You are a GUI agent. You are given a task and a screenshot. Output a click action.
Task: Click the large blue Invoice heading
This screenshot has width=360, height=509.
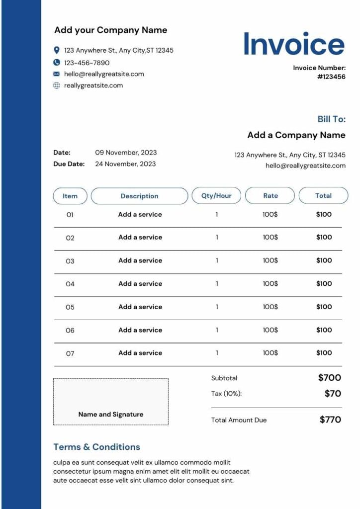tap(294, 44)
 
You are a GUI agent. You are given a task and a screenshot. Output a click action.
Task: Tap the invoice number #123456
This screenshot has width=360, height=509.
tap(331, 77)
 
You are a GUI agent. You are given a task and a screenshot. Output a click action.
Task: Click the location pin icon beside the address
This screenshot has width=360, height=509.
tap(57, 50)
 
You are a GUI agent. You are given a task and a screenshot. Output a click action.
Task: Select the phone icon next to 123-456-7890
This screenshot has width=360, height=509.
tap(57, 63)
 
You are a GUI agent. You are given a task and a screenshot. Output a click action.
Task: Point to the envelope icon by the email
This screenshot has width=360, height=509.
tap(57, 74)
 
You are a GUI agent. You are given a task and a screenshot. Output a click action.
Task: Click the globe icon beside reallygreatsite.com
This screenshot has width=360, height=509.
tap(57, 85)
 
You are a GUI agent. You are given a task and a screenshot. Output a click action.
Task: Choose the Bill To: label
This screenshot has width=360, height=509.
tap(331, 119)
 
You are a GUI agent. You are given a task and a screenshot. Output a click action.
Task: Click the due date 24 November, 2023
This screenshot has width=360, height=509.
tap(125, 164)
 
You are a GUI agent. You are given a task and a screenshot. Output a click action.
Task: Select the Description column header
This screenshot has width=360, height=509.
tap(139, 196)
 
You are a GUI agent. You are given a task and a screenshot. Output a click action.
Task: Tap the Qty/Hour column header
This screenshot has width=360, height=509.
tap(216, 195)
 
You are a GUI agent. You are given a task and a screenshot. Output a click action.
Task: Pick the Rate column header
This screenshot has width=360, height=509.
tap(270, 195)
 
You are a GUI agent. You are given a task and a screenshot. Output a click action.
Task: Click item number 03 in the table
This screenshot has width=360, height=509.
tap(70, 261)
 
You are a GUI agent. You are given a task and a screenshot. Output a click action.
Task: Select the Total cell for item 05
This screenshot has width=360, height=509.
tap(324, 307)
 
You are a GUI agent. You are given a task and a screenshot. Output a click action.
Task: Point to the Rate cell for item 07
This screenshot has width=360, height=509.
tap(270, 353)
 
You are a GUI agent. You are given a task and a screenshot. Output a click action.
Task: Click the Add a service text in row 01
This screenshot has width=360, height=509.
tap(140, 215)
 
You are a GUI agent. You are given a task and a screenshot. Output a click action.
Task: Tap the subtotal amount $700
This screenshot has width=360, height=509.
tap(330, 378)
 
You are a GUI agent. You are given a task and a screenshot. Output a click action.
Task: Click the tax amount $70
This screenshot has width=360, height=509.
tap(333, 394)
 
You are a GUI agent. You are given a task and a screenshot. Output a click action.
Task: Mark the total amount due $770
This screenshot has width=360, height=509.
tap(330, 420)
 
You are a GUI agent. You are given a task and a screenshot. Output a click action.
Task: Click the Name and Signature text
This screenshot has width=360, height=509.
tap(111, 414)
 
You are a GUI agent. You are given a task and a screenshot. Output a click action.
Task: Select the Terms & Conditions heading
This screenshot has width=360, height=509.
tap(96, 447)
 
